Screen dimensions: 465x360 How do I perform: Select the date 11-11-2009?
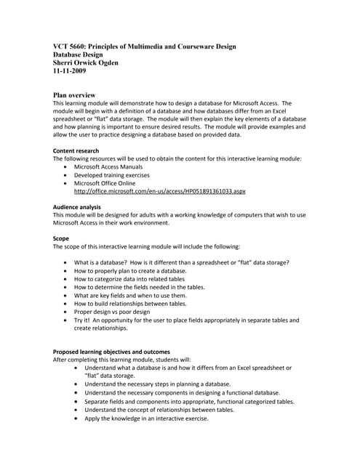tap(71, 70)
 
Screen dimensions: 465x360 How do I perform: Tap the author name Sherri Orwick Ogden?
tap(86, 62)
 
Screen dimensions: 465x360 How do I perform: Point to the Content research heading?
tap(76, 151)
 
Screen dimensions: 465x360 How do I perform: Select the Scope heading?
tap(61, 238)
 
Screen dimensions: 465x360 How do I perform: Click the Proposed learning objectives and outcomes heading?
tap(112, 352)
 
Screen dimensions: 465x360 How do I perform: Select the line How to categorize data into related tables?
tap(140, 279)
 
